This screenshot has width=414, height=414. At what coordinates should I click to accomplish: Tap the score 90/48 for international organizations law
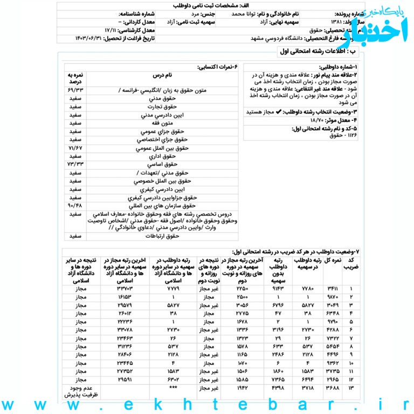click(x=75, y=205)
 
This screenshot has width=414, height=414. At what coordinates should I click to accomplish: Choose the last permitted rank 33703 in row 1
click(x=125, y=289)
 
